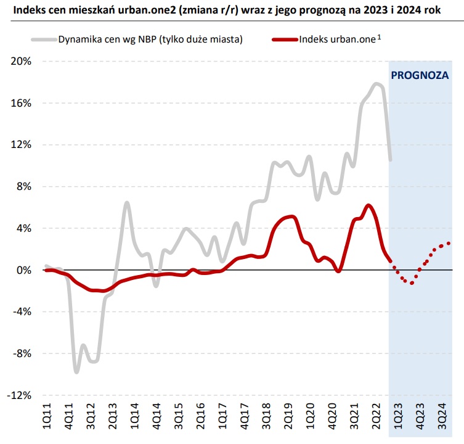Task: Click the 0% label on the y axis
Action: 24,270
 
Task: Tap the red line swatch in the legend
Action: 282,39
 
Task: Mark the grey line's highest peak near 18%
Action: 376,84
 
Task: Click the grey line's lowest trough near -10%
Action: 76,371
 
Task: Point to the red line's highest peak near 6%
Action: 368,205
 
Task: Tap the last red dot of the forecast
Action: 448,243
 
